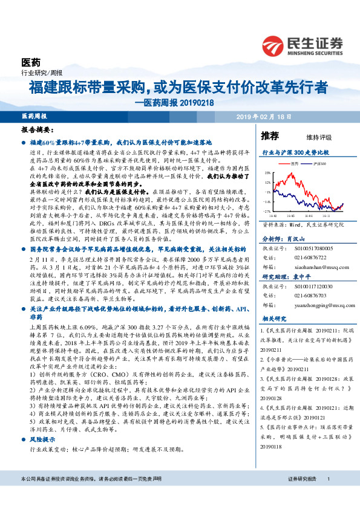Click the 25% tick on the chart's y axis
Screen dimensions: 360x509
pyautogui.click(x=267, y=173)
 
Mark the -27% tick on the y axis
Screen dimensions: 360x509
pyautogui.click(x=267, y=210)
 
